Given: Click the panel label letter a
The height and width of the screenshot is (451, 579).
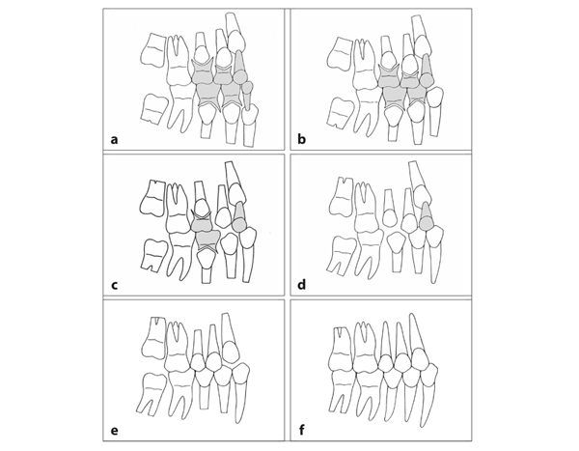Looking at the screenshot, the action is point(115,140).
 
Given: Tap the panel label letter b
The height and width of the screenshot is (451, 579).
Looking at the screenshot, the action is point(302,139).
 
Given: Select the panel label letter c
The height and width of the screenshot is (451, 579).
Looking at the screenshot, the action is point(115,286).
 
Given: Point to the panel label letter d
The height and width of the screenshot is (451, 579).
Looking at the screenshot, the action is point(302,285).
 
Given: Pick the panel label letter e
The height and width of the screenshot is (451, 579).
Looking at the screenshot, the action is point(115,431).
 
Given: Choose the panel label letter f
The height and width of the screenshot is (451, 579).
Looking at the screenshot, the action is point(302,430).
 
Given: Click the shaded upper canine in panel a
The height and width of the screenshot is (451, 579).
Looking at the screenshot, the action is point(239,68).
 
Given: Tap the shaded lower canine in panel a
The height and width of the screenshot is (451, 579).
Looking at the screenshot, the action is point(247,95).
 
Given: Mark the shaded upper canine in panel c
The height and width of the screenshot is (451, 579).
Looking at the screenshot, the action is point(239,216).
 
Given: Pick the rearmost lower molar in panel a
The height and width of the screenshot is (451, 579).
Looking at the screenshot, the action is point(154,108).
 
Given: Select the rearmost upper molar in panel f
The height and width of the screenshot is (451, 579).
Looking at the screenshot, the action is point(341,349).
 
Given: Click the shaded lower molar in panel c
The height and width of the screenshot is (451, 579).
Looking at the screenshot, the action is point(207,240).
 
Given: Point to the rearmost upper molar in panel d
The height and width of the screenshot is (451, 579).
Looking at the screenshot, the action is point(342,198).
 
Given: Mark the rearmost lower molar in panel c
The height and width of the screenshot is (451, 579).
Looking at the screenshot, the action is point(154,254).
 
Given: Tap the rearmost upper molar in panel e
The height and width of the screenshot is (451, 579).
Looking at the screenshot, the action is point(153,337).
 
